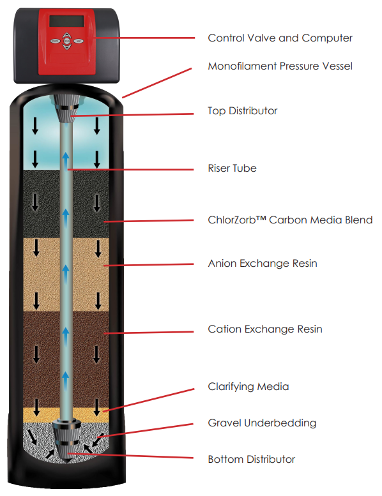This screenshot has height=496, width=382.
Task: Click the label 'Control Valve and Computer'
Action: pos(280,38)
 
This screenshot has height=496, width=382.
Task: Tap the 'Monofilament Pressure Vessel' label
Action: pos(280,66)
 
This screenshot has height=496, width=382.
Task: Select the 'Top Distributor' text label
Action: pos(243,111)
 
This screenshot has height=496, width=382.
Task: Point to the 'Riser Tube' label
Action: pos(232,168)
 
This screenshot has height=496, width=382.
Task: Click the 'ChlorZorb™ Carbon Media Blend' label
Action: pos(290,220)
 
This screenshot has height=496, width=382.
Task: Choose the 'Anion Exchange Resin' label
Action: pos(263,264)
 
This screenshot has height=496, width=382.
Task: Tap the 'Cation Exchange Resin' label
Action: pos(265,329)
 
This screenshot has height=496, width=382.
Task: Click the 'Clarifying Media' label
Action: pos(248,387)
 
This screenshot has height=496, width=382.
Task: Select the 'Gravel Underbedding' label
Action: pos(262,423)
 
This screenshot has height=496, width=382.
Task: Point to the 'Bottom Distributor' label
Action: pos(251,459)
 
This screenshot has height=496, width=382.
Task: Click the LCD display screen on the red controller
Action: pos(66,21)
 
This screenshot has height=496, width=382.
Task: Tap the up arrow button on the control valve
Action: pos(67,35)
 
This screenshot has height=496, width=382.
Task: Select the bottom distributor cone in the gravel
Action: pos(66,440)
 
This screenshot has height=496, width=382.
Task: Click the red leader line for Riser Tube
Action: pos(130,170)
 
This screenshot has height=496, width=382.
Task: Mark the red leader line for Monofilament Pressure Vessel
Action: pos(157,83)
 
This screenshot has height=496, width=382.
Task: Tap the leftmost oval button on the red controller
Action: pos(55,41)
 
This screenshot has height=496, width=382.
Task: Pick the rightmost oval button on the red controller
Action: pos(78,41)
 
